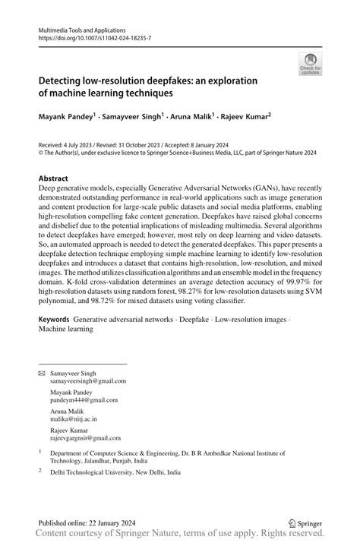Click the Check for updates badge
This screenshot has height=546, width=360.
310,64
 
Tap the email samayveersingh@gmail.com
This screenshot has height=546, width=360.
89,381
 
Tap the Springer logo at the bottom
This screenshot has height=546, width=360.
306,523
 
